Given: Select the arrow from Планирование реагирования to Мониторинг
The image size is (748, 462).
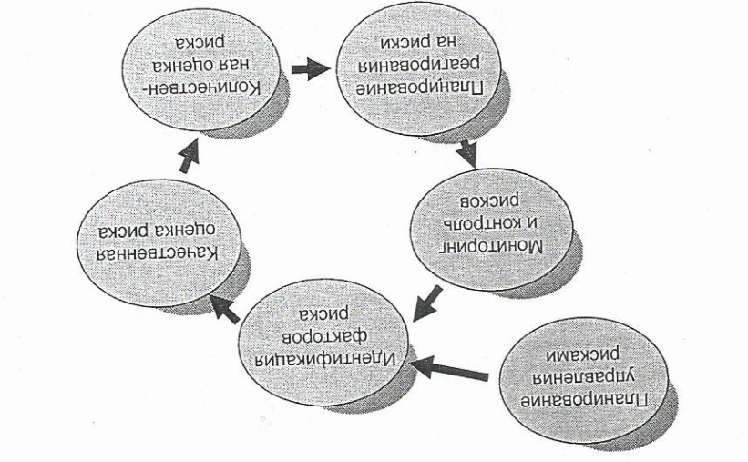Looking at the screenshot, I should pyautogui.click(x=467, y=149).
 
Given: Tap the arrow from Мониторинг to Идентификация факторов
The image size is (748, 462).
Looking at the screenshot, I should pyautogui.click(x=426, y=302).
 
